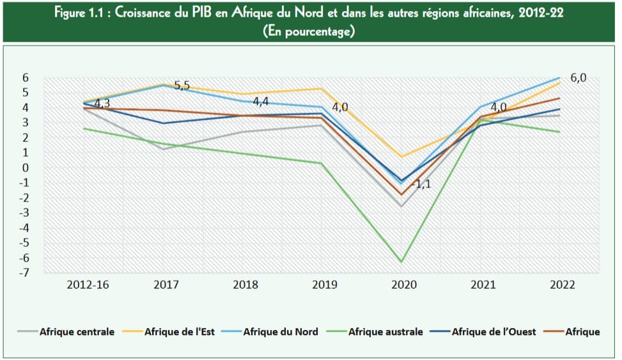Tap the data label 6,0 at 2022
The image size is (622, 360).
[x=578, y=78]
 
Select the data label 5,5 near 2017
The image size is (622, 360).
[x=182, y=86]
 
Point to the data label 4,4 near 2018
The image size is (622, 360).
[x=260, y=102]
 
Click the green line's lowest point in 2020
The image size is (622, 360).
[x=401, y=262]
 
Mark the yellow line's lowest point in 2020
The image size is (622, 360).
[x=401, y=157]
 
